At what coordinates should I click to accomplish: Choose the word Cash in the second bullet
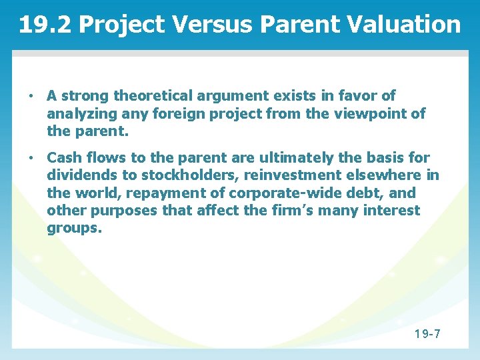(x=64, y=158)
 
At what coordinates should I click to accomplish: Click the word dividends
(x=79, y=176)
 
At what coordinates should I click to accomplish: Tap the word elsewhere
(x=390, y=176)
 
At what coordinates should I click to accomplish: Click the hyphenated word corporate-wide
(x=285, y=193)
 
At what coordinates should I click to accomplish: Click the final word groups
(x=74, y=229)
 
